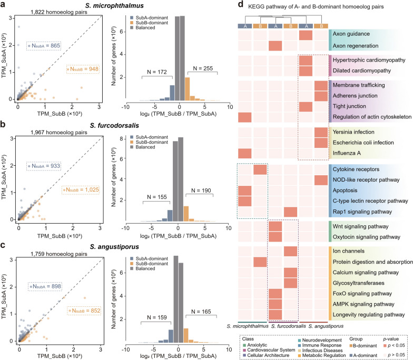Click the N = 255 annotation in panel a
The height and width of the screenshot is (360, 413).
(x=203, y=68)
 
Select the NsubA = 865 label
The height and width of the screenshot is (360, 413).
(x=44, y=46)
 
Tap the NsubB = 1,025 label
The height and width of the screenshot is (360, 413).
(x=81, y=189)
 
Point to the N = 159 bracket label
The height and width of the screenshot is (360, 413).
(x=157, y=317)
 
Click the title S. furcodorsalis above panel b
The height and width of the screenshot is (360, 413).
(x=114, y=125)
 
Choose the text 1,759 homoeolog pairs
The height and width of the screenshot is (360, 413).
(x=59, y=254)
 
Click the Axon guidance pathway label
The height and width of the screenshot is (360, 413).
(x=351, y=34)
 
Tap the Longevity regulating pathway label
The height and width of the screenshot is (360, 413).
(x=369, y=315)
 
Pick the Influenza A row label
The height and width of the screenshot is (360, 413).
(x=347, y=153)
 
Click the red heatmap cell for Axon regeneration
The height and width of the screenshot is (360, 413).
(x=275, y=46)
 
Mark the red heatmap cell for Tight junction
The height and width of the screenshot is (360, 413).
(x=306, y=107)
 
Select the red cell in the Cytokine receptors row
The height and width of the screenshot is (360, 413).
(x=260, y=169)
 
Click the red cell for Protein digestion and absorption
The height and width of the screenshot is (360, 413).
(x=260, y=262)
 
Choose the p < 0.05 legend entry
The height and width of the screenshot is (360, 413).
(x=394, y=345)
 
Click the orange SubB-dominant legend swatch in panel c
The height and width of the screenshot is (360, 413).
(x=132, y=264)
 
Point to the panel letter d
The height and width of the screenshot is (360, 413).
(x=240, y=5)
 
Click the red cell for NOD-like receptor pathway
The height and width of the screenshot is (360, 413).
(x=321, y=180)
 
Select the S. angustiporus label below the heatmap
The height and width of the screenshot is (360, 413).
(x=326, y=326)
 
